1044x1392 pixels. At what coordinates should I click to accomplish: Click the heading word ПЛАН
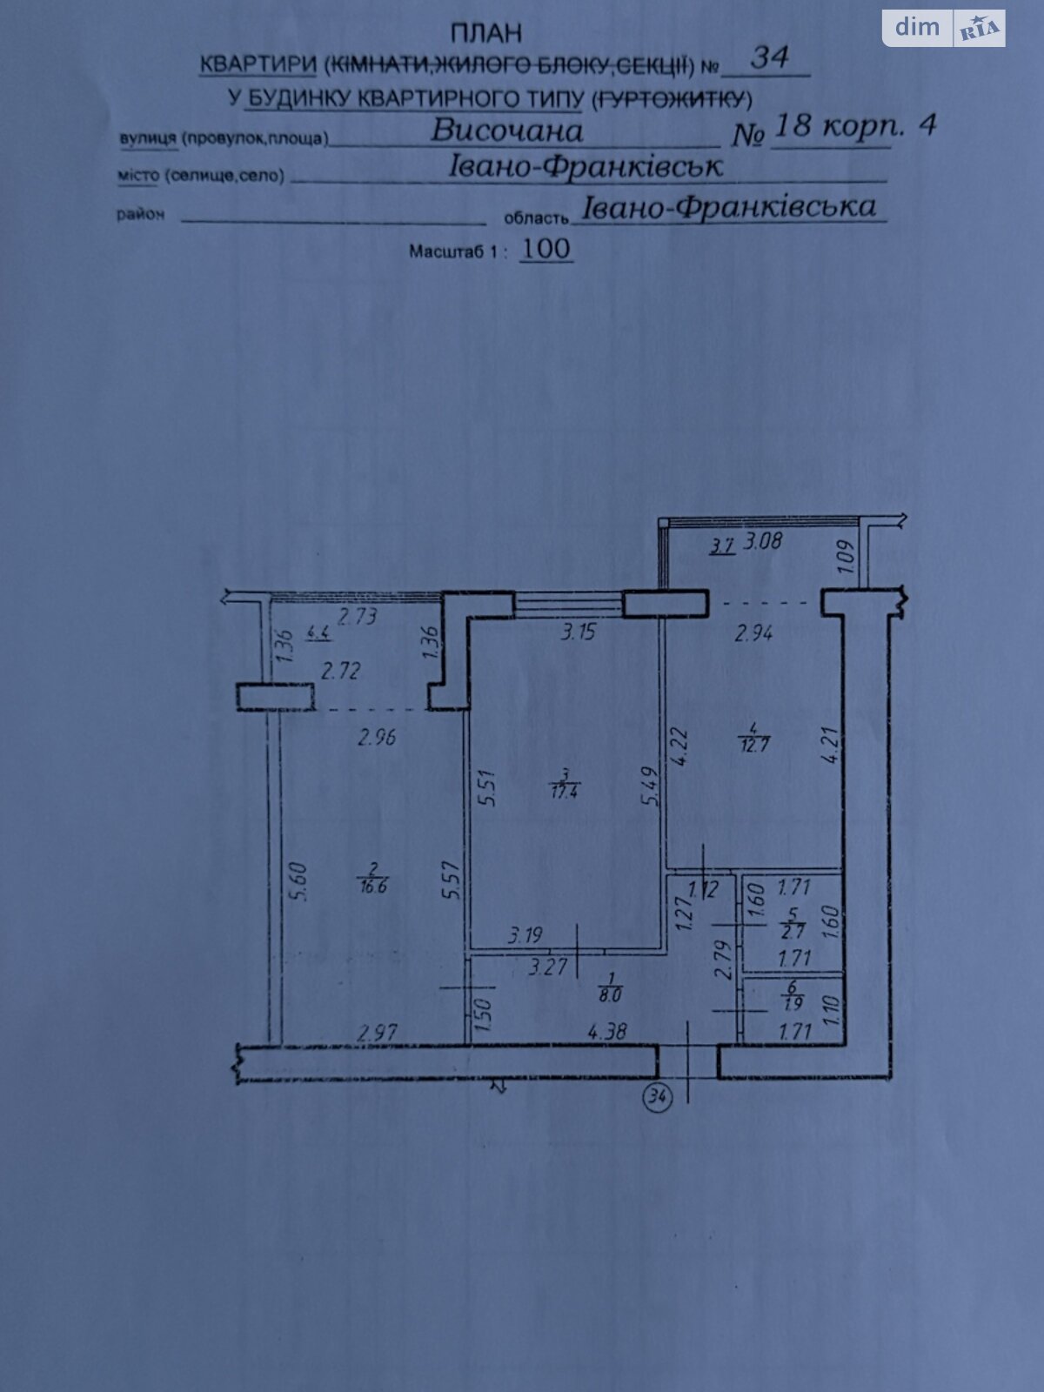tap(486, 34)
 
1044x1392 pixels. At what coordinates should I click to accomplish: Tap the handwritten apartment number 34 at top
tap(769, 57)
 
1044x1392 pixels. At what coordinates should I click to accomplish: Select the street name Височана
tap(507, 130)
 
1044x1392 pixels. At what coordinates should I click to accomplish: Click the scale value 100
tap(545, 249)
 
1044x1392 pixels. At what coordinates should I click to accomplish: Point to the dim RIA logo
tap(944, 28)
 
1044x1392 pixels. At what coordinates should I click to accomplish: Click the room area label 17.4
tap(565, 791)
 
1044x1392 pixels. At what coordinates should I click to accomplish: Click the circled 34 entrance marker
tap(657, 1097)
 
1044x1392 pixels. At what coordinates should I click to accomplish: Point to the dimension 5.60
tap(298, 880)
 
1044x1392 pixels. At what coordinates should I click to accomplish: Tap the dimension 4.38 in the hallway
tap(606, 1032)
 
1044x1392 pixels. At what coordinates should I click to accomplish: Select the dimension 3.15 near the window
tap(578, 632)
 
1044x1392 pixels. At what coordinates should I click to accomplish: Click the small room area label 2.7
tap(793, 931)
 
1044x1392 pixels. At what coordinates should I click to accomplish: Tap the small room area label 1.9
tap(793, 1002)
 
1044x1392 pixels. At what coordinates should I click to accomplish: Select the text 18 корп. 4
tap(853, 126)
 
